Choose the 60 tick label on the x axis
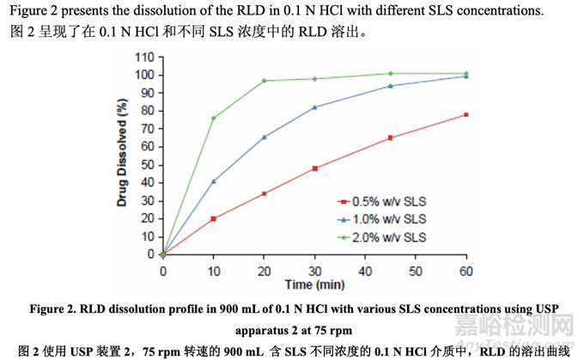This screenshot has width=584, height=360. point(465,271)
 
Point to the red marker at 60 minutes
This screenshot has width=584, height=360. point(465,114)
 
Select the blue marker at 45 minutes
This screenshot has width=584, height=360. point(390,86)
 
